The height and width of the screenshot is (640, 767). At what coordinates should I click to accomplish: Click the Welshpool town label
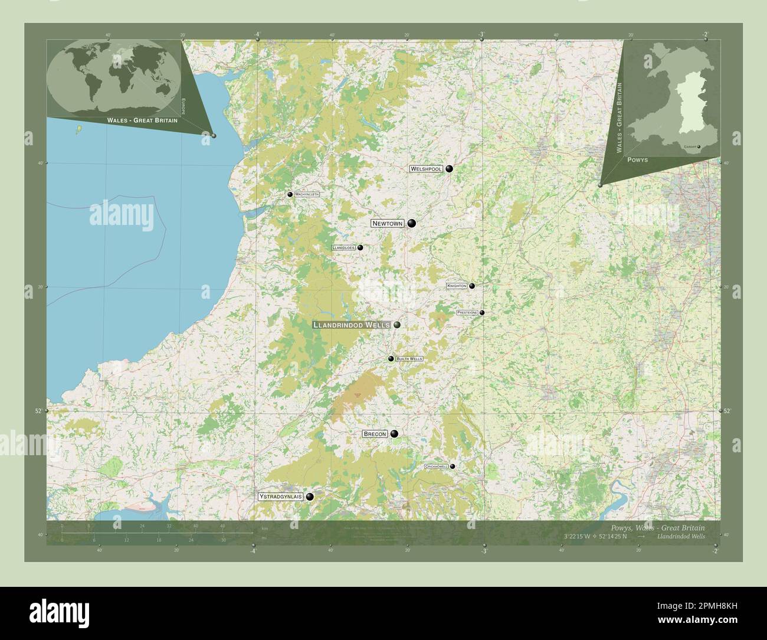tap(426, 169)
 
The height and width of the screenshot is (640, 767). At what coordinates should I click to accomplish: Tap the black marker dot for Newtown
tap(411, 223)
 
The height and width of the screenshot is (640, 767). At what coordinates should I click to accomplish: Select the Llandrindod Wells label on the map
tap(351, 325)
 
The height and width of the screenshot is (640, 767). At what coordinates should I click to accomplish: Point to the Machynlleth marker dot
tap(290, 194)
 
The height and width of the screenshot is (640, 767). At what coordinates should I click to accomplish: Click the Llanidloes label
tap(343, 248)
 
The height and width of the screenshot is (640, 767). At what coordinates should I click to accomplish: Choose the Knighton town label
tap(457, 286)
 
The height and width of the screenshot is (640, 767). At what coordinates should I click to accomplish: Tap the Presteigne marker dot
tap(482, 313)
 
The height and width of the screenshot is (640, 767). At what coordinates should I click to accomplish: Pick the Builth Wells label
tap(409, 359)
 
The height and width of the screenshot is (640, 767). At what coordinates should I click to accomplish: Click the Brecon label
tap(375, 434)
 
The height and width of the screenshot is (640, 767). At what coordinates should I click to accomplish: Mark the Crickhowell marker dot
tap(453, 466)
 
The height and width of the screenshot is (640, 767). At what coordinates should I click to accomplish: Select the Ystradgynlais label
tap(280, 497)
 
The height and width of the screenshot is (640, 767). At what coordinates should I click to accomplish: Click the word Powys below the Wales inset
tap(638, 160)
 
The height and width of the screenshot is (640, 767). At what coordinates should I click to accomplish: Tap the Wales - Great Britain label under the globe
tap(142, 120)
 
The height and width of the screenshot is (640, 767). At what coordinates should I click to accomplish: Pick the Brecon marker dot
tap(394, 434)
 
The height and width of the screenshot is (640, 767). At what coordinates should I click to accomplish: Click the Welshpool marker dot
tap(449, 169)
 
